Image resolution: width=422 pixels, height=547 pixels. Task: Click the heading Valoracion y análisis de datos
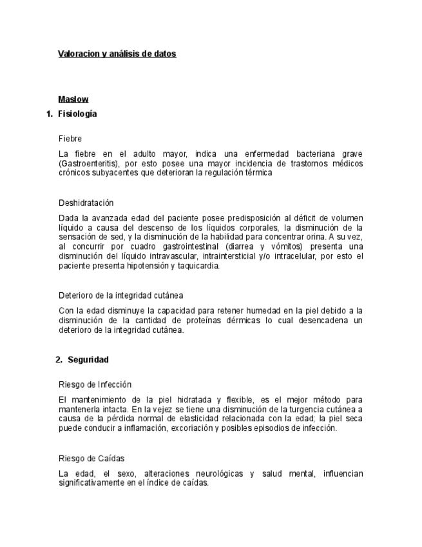pos(117,54)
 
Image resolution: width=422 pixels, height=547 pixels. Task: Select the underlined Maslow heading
pos(73,99)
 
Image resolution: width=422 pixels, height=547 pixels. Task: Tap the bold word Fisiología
pos(77,114)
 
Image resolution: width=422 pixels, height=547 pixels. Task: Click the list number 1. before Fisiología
pos(49,114)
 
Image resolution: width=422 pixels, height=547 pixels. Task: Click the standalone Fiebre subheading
pos(70,139)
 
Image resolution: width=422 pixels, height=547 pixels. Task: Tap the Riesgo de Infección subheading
pos(95,384)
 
